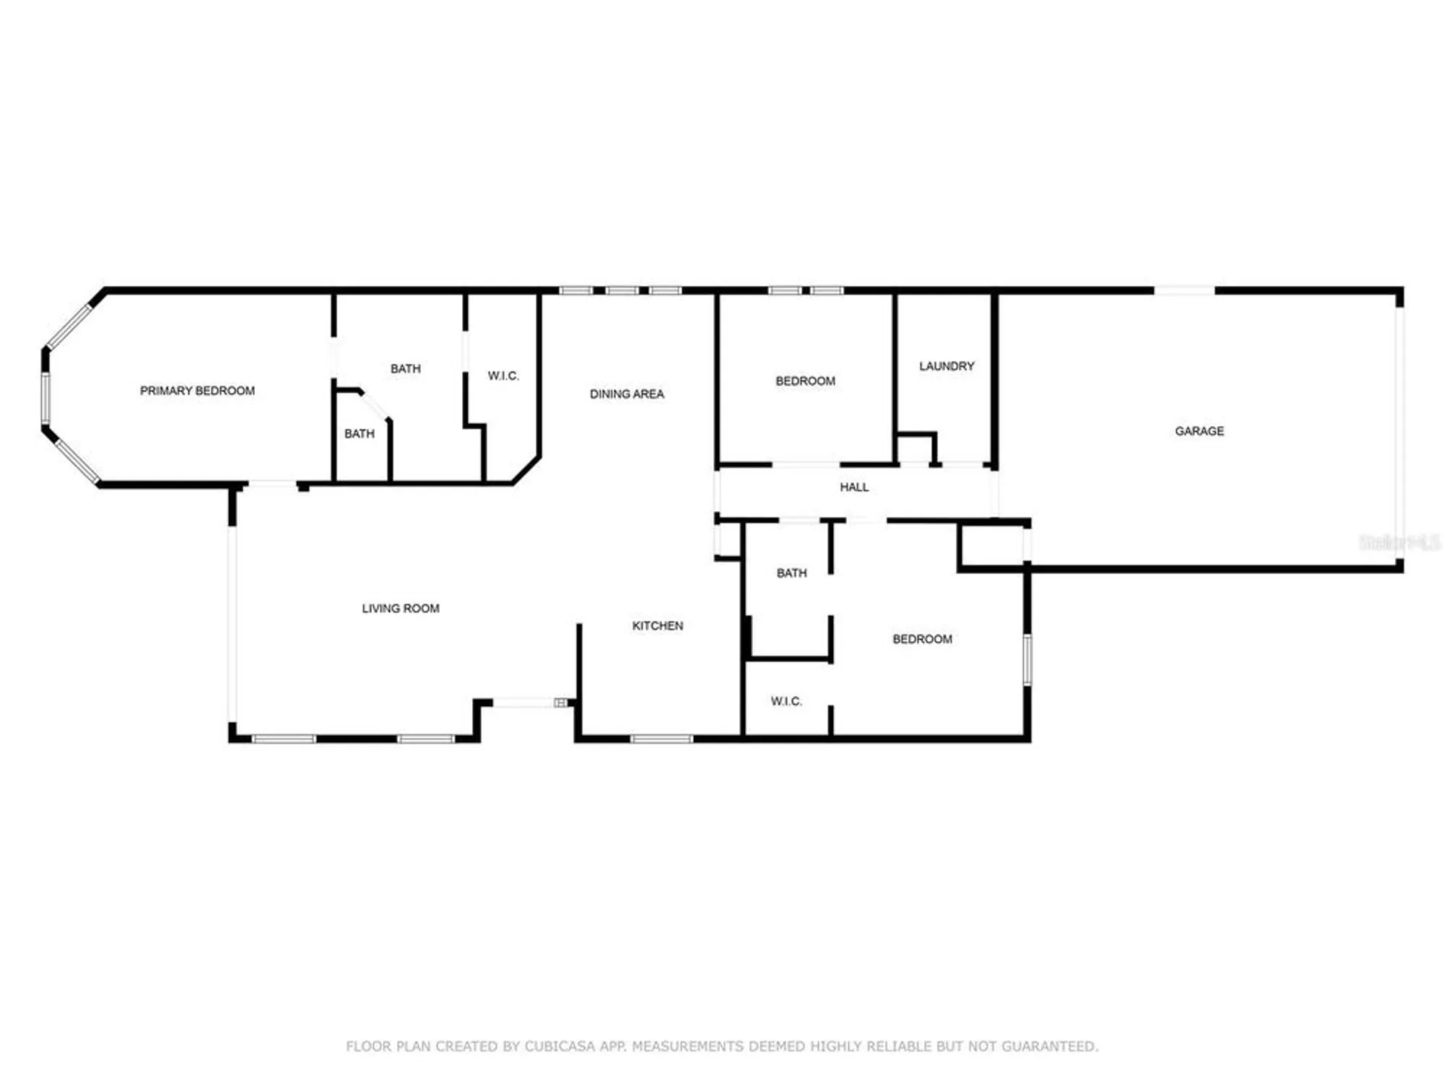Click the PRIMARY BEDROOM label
pyautogui.click(x=197, y=391)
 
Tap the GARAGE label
pyautogui.click(x=1199, y=431)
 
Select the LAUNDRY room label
pyautogui.click(x=947, y=366)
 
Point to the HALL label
pyautogui.click(x=854, y=487)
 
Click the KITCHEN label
pyautogui.click(x=657, y=626)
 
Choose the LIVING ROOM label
pyautogui.click(x=401, y=609)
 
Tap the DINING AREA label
pyautogui.click(x=627, y=394)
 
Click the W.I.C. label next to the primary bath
pyautogui.click(x=503, y=376)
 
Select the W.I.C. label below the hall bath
pyautogui.click(x=786, y=701)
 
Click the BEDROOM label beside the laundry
pyautogui.click(x=805, y=381)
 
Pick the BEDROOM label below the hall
pyautogui.click(x=922, y=639)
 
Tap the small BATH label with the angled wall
pyautogui.click(x=359, y=434)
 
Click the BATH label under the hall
pyautogui.click(x=791, y=573)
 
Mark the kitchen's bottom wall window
pyautogui.click(x=661, y=739)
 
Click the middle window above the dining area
pyautogui.click(x=622, y=291)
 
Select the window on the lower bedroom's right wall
pyautogui.click(x=1027, y=660)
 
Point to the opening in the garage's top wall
pyautogui.click(x=1184, y=291)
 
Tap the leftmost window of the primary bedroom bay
pyautogui.click(x=45, y=398)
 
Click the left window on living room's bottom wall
pyautogui.click(x=284, y=739)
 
